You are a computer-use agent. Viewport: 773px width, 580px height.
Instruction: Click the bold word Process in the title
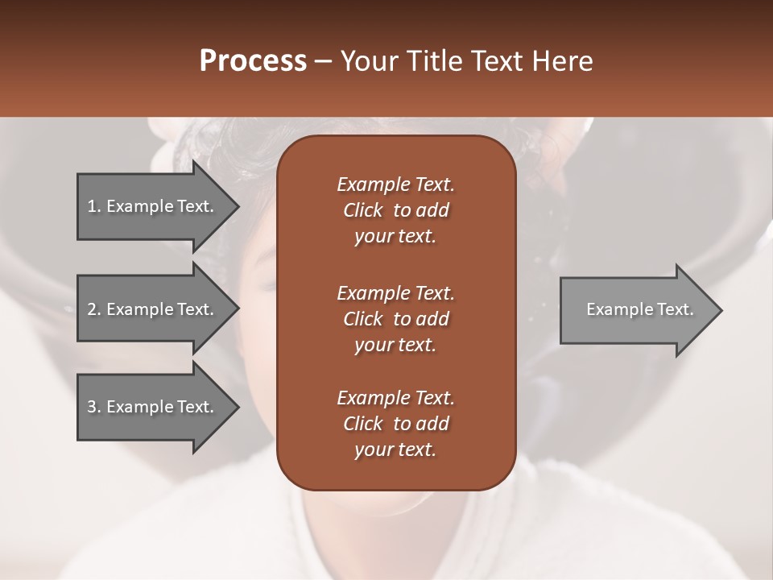click(253, 61)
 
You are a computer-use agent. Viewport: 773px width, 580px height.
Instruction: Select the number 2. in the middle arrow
click(94, 309)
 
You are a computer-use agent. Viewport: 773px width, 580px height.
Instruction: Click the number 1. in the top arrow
click(94, 206)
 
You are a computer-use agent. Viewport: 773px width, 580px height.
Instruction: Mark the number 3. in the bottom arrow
click(94, 407)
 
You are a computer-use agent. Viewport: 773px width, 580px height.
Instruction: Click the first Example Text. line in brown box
click(395, 184)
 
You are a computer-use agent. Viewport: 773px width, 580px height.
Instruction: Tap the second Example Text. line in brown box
click(395, 292)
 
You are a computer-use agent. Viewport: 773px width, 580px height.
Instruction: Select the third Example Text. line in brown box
click(395, 398)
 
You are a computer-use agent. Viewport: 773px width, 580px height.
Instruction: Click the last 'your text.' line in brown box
click(395, 450)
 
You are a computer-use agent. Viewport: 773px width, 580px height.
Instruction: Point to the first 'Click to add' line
click(395, 210)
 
